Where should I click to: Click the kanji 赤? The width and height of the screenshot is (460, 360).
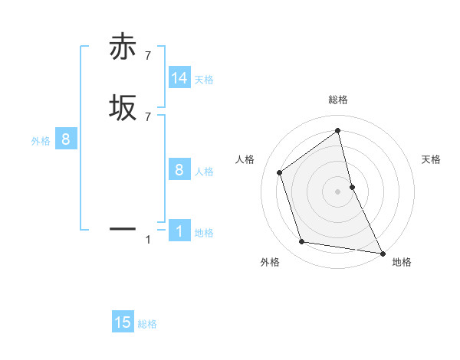[x=123, y=47]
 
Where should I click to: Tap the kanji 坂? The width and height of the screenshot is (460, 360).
[x=123, y=107]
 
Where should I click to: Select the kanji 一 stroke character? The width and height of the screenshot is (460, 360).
[x=123, y=228]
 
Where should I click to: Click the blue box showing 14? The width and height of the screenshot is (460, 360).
[x=179, y=79]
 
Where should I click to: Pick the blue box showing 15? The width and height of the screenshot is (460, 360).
[x=123, y=322]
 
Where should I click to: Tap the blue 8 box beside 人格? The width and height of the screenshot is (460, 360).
[x=179, y=170]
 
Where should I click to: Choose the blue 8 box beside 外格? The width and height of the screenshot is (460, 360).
[x=66, y=140]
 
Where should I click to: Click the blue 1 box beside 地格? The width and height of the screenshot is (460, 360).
[x=179, y=231]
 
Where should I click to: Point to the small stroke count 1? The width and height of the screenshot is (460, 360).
[x=148, y=241]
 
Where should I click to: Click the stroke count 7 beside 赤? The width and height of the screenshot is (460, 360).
[x=147, y=54]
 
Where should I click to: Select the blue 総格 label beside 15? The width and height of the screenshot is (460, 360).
[x=147, y=324]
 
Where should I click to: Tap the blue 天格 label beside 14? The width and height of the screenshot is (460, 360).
[x=204, y=80]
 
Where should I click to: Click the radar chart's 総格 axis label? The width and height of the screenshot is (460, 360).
[x=338, y=100]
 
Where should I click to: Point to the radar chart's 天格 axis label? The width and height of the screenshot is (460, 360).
[x=432, y=159]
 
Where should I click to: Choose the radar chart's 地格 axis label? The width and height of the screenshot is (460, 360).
[x=402, y=262]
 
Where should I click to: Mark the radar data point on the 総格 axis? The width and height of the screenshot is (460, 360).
[x=338, y=130]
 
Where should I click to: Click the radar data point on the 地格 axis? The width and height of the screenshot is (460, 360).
[x=382, y=252]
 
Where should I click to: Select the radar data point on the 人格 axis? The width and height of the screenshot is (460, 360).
[x=279, y=172]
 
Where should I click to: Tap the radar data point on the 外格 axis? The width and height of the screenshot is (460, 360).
[x=302, y=242]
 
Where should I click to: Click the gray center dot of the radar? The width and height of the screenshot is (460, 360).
[x=338, y=191]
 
